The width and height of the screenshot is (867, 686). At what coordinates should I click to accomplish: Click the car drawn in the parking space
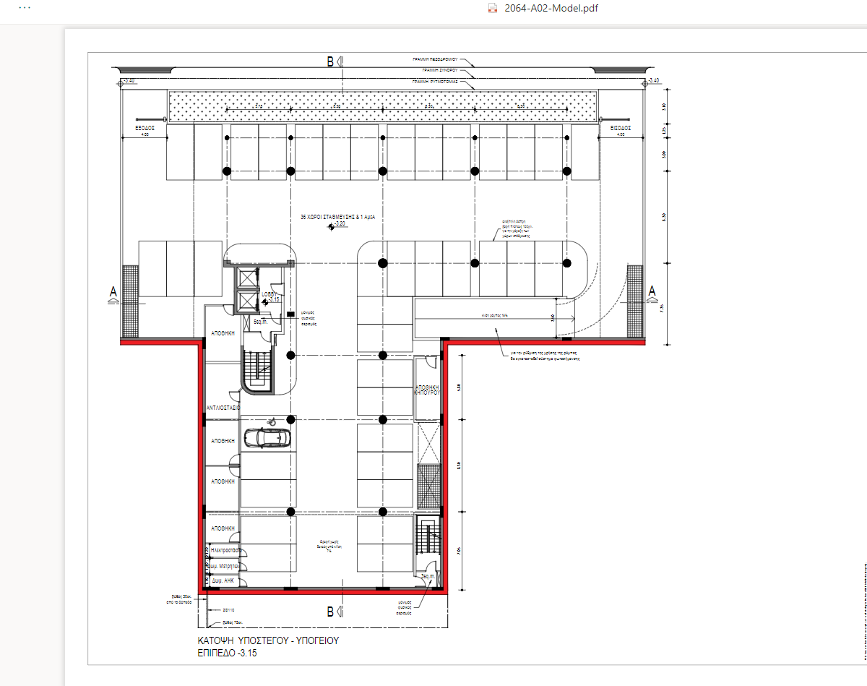[267, 438]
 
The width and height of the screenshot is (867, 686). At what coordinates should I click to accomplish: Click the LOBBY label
[270, 293]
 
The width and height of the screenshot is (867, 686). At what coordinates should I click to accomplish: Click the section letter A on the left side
[113, 291]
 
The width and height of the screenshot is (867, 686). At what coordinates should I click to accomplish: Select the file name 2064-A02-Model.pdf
[542, 8]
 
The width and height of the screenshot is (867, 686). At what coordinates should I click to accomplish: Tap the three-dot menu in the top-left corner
[25, 7]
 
